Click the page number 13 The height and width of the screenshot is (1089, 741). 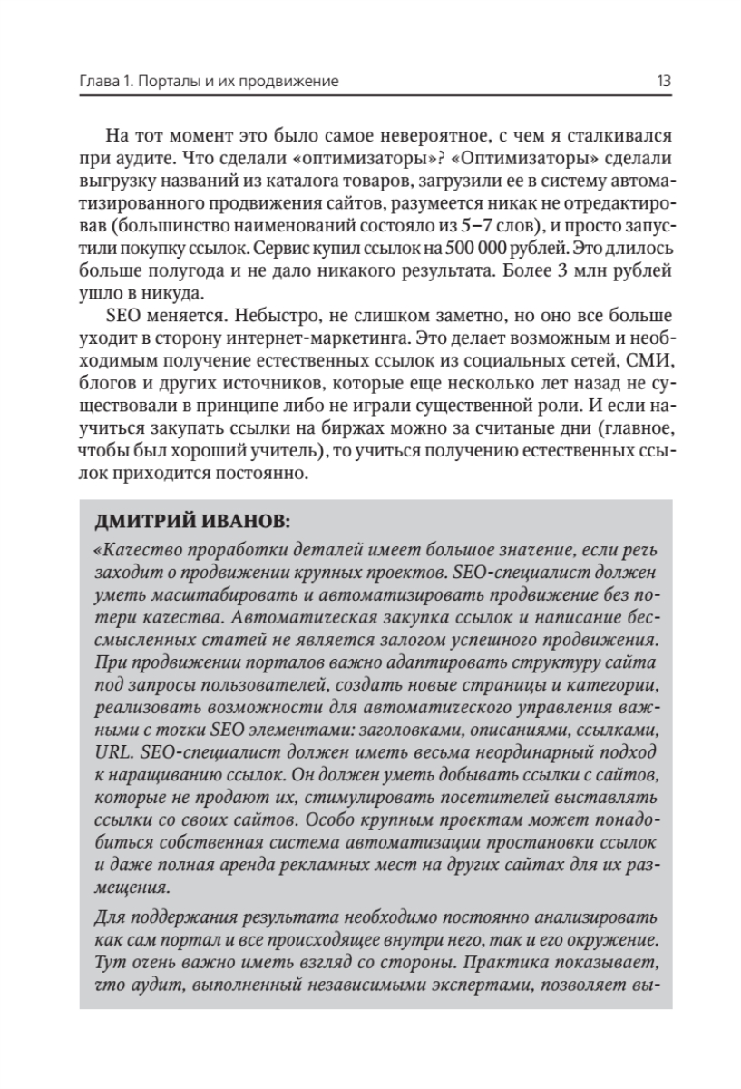[x=663, y=82]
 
